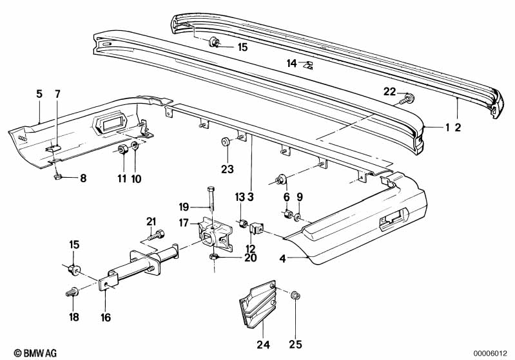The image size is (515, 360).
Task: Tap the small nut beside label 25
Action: pos(295,296)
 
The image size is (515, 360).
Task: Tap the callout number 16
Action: pos(105,317)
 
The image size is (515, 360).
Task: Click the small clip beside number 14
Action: pos(308,64)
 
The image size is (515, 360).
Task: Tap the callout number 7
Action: pos(57,94)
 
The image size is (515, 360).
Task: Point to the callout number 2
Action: pos(457,128)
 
